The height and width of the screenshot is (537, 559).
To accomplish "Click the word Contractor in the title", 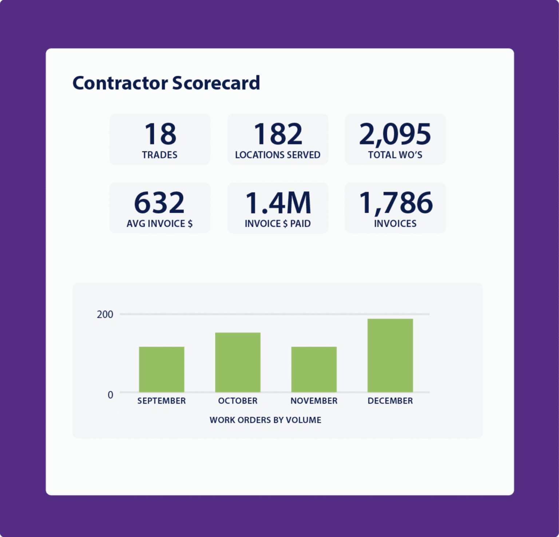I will pyautogui.click(x=120, y=83).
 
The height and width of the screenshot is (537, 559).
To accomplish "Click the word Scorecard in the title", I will pyautogui.click(x=216, y=83).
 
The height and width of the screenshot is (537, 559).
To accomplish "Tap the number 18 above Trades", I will pyautogui.click(x=160, y=134).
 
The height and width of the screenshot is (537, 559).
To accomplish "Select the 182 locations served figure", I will pyautogui.click(x=278, y=134).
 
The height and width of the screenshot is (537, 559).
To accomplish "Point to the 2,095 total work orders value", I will pyautogui.click(x=395, y=134).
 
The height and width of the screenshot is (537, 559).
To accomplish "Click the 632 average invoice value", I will pyautogui.click(x=159, y=203).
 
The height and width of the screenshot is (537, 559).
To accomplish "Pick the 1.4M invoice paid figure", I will pyautogui.click(x=278, y=203).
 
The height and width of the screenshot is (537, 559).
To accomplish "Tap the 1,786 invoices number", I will pyautogui.click(x=396, y=203).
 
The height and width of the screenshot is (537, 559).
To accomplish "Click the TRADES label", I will pyautogui.click(x=160, y=155).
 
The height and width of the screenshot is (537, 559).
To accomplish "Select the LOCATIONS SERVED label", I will pyautogui.click(x=278, y=155).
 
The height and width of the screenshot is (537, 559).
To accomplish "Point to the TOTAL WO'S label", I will pyautogui.click(x=395, y=155).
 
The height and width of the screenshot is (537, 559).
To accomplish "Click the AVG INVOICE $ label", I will pyautogui.click(x=159, y=223).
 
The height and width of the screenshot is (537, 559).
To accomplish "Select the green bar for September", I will pyautogui.click(x=162, y=369).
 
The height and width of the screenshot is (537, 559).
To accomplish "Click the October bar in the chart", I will pyautogui.click(x=238, y=362).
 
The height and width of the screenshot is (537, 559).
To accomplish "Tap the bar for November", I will pyautogui.click(x=314, y=369).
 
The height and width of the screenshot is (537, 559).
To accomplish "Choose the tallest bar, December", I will pyautogui.click(x=390, y=355).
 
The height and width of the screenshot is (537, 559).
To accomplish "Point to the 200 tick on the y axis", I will pyautogui.click(x=105, y=314).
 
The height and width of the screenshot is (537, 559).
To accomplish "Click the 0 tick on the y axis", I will pyautogui.click(x=110, y=395).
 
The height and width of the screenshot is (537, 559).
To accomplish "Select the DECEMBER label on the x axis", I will pyautogui.click(x=390, y=401).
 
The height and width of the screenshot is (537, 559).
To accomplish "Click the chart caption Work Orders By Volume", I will pyautogui.click(x=265, y=420).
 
